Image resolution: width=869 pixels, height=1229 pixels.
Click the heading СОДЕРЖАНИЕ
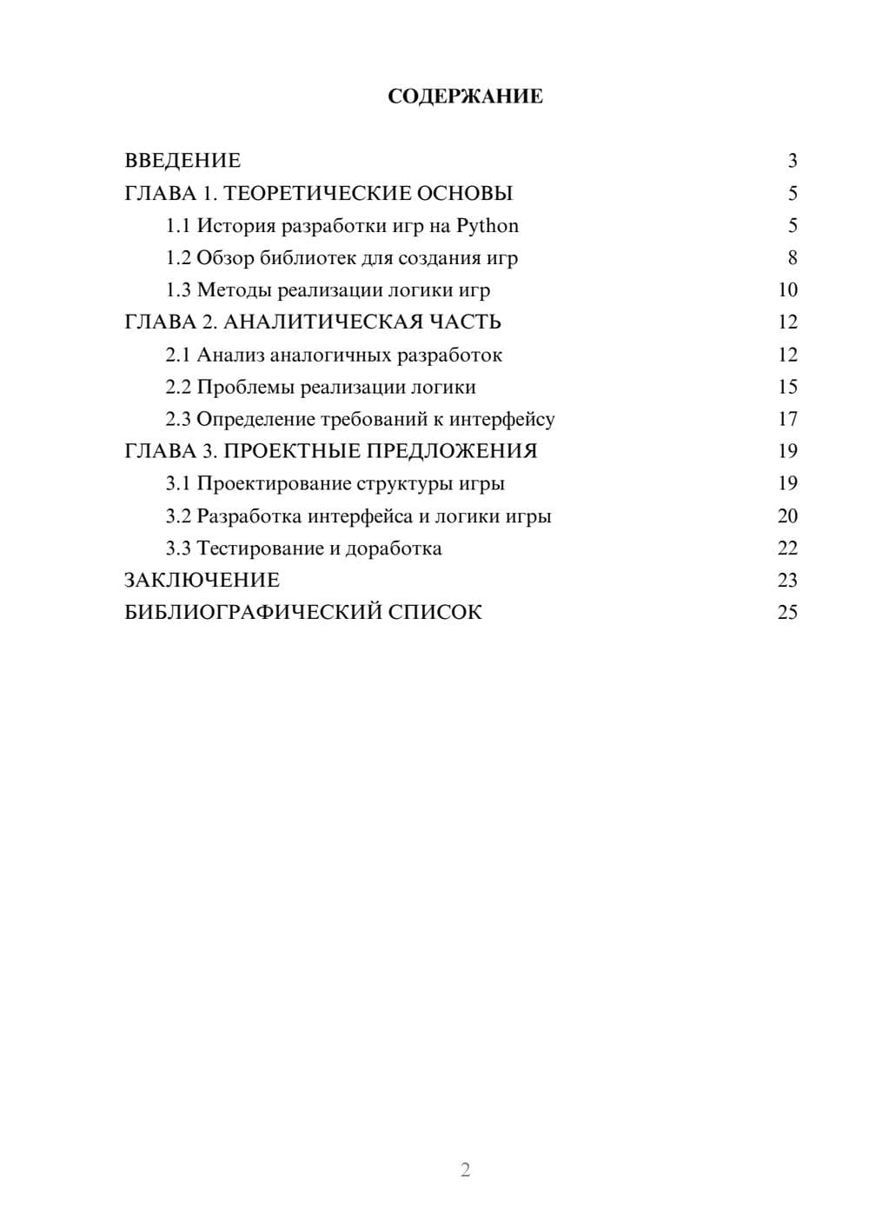[465, 96]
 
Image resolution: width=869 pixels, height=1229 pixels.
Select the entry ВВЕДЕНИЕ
[182, 161]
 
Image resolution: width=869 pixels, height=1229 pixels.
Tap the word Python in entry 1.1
[488, 226]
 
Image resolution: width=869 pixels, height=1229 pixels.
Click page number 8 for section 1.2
[792, 258]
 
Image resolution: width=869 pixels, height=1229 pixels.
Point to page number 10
[787, 290]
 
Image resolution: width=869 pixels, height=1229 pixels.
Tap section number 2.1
[177, 355]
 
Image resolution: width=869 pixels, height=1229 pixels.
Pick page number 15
[787, 387]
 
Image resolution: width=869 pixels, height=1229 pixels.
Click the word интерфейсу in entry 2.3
[501, 419]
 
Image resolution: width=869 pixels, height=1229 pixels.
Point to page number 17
[787, 419]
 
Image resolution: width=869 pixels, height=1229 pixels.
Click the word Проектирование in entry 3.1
[274, 483]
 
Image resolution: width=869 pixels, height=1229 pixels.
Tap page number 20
[787, 516]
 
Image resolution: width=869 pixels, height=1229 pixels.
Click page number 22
[787, 548]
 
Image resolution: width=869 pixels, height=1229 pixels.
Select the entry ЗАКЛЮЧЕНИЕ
[202, 581]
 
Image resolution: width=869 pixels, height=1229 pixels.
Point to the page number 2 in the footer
[465, 1170]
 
